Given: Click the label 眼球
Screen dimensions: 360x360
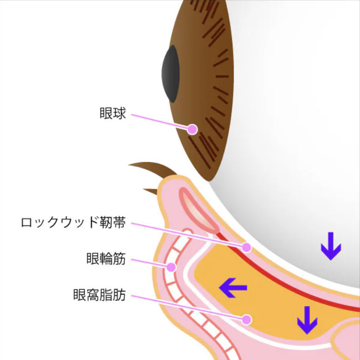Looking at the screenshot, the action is [x=113, y=113].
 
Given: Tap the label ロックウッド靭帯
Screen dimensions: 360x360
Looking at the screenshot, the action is [x=73, y=222].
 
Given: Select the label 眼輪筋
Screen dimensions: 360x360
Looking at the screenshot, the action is [x=106, y=258].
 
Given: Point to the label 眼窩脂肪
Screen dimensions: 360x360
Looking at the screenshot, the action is [x=99, y=295].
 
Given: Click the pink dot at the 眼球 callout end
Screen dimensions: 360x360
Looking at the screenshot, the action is [x=192, y=129].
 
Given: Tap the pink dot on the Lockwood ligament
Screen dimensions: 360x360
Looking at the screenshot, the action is [x=247, y=247].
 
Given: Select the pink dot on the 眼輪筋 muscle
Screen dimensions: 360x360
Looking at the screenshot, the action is [x=171, y=267].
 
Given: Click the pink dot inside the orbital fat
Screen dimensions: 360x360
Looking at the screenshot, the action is [x=247, y=320].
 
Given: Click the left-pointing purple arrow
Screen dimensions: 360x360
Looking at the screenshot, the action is [x=233, y=288].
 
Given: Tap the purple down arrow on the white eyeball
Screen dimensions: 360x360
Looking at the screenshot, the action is [x=331, y=246].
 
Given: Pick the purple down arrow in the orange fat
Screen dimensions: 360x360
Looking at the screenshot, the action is [x=307, y=320].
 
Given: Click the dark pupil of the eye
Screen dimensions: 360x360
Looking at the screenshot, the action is [x=171, y=74].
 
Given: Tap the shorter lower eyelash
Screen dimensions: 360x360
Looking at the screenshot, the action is [x=151, y=191].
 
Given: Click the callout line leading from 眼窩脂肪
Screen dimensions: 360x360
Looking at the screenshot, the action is [x=186, y=307].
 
